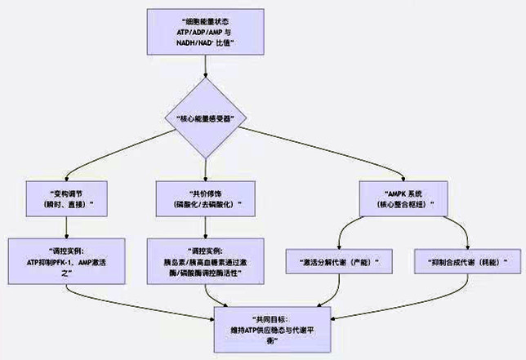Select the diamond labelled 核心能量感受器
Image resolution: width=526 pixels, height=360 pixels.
coord(207,119)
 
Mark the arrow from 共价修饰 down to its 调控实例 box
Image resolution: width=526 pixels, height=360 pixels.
coord(203,226)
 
